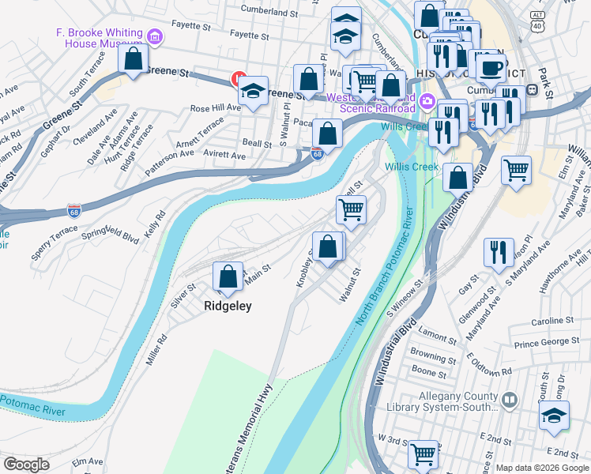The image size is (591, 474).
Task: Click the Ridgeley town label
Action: [228, 306]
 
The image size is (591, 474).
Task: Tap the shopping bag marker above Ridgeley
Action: [228, 277]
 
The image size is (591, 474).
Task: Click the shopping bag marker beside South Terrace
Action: [134, 59]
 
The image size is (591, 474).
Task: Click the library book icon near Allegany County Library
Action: [510, 401]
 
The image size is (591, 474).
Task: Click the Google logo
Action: [26, 465]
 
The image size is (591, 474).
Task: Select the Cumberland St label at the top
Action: [270, 13]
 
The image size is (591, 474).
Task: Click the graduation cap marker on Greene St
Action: [254, 91]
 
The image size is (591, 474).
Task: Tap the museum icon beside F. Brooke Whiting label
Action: [155, 37]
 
